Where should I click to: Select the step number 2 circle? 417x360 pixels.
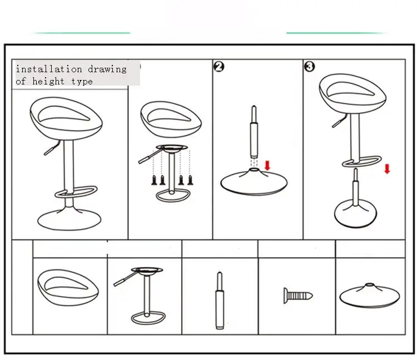pos(219,67)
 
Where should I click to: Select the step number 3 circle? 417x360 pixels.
pos(310,67)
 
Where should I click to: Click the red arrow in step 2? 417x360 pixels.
pos(267,166)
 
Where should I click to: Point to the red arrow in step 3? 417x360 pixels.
pos(387,168)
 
